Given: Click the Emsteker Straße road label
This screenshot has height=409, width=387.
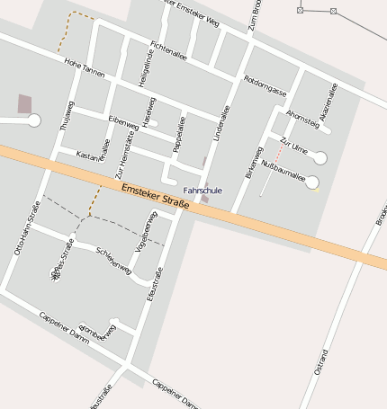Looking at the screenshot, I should point(156,194).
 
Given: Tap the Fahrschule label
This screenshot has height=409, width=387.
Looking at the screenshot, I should point(202,191).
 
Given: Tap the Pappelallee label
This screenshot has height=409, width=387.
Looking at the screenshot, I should point(180,132).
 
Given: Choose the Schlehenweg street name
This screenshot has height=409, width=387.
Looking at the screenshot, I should point(113,260).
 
